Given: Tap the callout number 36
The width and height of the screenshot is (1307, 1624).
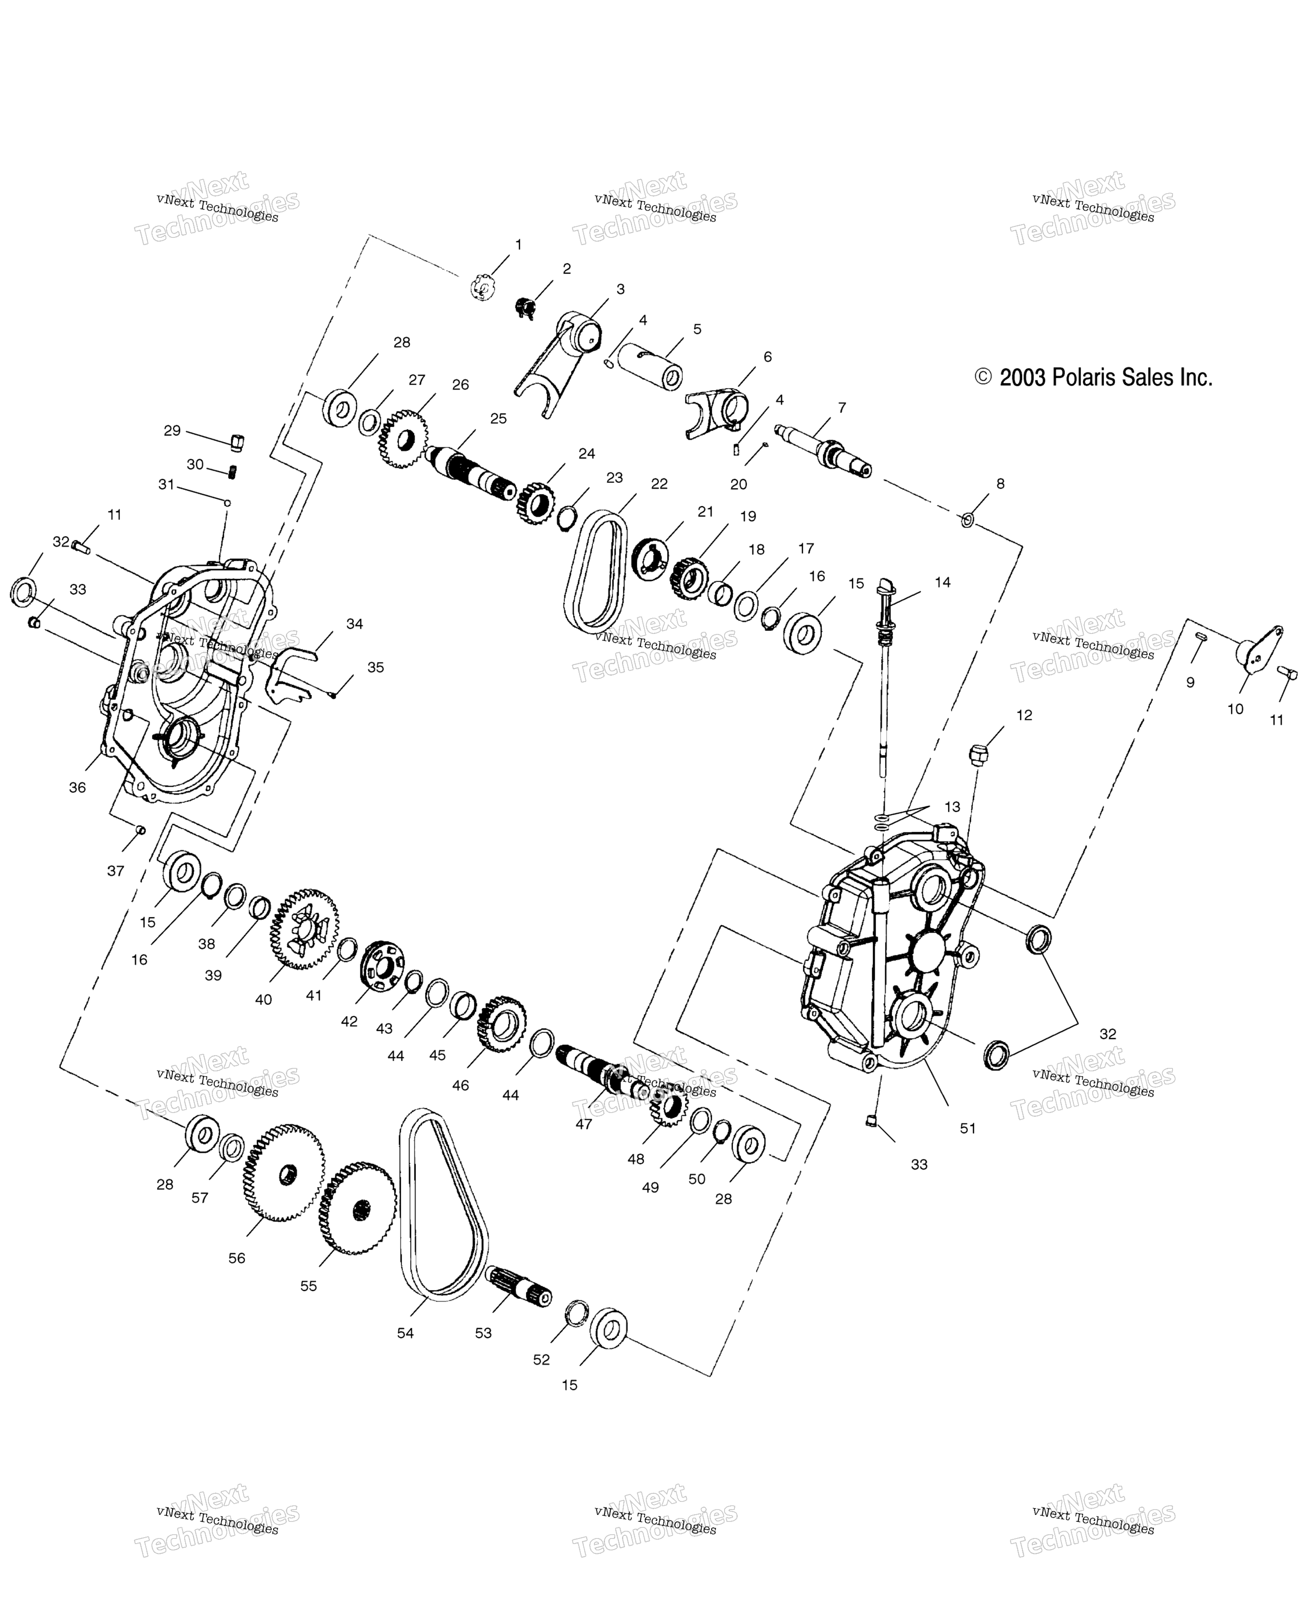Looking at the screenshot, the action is point(77,787).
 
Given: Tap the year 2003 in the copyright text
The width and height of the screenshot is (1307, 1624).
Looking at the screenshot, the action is point(1022,377).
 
